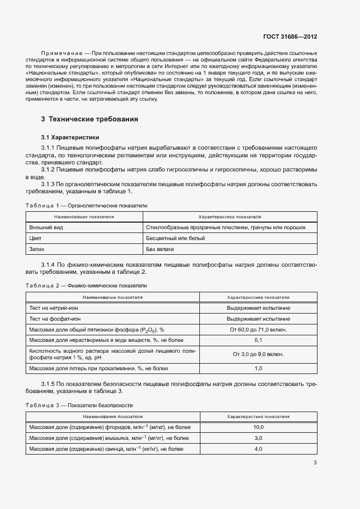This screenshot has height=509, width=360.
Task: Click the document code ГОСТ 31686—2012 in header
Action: [x=291, y=36]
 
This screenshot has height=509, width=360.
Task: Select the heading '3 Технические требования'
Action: [x=89, y=119]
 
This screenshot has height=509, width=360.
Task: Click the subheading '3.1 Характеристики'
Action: [x=70, y=137]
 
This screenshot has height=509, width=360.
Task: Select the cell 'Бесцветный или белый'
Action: [x=175, y=238]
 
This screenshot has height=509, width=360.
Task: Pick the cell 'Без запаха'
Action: [x=160, y=249]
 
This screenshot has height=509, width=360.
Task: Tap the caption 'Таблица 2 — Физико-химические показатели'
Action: [x=86, y=286]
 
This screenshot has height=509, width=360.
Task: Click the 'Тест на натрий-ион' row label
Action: [x=53, y=308]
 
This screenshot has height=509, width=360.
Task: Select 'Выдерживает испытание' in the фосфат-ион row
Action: [x=258, y=318]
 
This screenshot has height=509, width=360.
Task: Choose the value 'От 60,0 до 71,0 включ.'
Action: [x=258, y=329]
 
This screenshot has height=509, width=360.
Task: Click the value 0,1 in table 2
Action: [x=258, y=340]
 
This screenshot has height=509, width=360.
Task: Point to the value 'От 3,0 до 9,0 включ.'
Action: [x=258, y=354]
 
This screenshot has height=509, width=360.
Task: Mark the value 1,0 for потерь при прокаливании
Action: [x=258, y=369]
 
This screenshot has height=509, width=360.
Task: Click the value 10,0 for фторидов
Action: [x=258, y=427]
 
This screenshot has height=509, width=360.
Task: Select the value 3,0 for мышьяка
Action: [x=258, y=438]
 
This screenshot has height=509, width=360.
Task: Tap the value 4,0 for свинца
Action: [x=258, y=449]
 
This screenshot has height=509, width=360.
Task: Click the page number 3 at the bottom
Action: [x=315, y=463]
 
